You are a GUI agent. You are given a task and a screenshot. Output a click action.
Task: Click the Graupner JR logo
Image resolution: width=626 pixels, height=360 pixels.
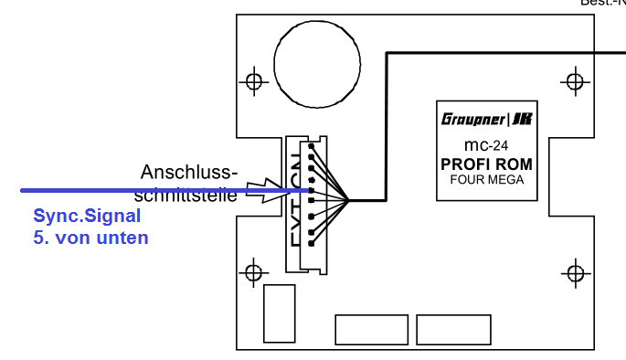click(x=487, y=119)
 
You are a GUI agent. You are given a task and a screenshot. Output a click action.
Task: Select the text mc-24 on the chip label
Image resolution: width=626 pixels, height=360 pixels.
click(x=486, y=144)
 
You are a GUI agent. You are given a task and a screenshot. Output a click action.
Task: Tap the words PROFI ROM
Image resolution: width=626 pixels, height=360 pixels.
click(x=486, y=164)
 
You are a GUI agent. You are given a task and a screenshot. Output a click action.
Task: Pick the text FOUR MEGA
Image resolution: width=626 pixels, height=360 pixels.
click(x=486, y=180)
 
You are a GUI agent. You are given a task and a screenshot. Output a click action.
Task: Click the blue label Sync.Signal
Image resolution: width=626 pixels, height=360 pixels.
click(x=88, y=217)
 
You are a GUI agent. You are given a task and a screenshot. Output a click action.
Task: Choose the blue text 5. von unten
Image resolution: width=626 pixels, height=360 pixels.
click(x=91, y=238)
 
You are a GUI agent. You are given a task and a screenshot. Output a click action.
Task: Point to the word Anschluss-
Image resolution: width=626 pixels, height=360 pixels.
click(x=189, y=172)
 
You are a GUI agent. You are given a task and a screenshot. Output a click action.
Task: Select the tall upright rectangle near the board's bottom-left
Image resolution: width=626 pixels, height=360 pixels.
click(x=279, y=312)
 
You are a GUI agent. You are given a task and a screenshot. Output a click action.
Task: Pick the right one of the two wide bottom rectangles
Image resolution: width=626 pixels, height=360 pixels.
click(x=453, y=330)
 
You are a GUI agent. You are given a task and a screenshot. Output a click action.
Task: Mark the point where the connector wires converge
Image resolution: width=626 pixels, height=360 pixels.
click(x=350, y=198)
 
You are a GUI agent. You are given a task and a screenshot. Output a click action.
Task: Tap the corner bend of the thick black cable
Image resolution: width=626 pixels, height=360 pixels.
click(x=388, y=55)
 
